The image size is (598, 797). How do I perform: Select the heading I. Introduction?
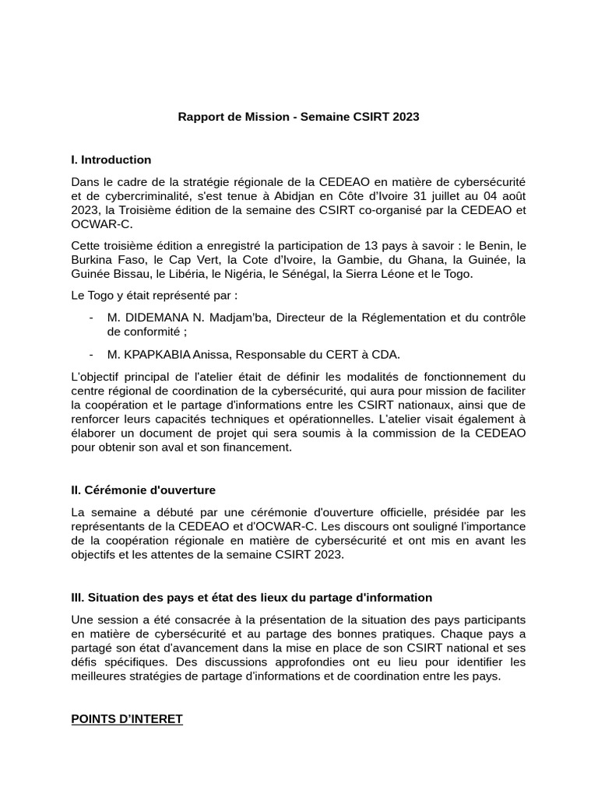tap(111, 160)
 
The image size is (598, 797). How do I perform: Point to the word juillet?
tap(463, 196)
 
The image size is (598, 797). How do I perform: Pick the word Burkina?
tap(92, 260)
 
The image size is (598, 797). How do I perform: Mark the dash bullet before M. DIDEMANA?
tap(92, 318)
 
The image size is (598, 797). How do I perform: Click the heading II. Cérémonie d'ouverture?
tap(143, 490)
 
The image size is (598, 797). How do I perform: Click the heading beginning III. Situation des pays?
tap(251, 598)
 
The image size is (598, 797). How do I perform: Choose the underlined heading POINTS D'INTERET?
tap(127, 719)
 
